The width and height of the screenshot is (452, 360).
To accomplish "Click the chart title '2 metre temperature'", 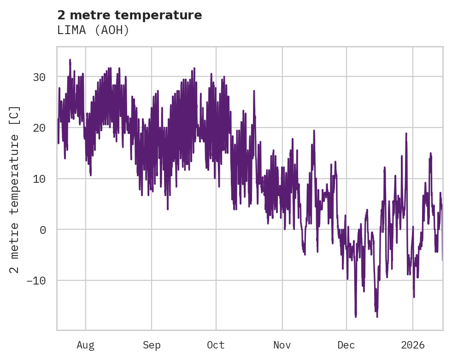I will [x=129, y=15].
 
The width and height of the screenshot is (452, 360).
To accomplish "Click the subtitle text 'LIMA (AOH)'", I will [x=93, y=30].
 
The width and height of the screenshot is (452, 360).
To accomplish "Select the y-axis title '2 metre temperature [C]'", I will [x=15, y=189].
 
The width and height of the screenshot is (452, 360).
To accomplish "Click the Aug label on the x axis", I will [x=85, y=345].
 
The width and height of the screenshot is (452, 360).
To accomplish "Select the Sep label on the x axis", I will [x=151, y=345].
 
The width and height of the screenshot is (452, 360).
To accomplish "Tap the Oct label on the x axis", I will [x=216, y=345].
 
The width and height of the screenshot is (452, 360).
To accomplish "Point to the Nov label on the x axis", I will [x=282, y=345].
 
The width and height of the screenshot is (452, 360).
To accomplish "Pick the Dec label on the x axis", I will [x=346, y=345].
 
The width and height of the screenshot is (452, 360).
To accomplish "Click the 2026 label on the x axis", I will [x=413, y=345].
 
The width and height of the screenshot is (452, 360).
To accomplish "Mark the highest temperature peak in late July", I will [x=70, y=60].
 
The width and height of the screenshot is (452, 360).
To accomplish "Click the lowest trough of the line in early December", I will [x=356, y=316].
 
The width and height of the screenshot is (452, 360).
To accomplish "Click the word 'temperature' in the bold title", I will [x=166, y=15].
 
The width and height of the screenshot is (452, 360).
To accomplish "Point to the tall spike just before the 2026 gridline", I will [x=406, y=134].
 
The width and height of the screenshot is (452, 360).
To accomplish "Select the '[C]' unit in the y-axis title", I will [x=15, y=115].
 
